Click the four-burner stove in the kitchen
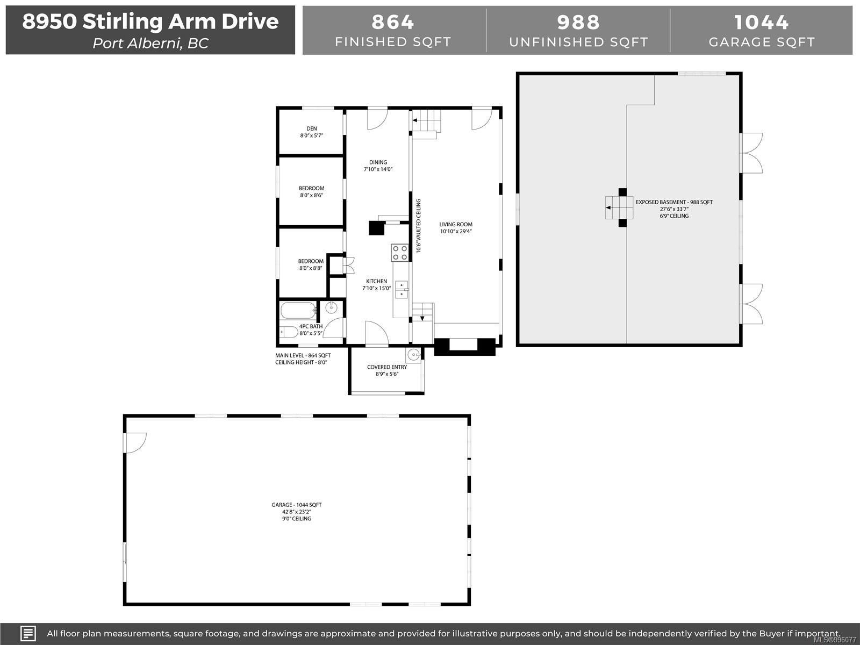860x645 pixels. [x=400, y=253]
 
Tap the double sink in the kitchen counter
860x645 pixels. [x=401, y=289]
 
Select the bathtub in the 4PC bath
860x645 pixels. [x=298, y=311]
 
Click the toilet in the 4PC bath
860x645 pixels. [x=289, y=332]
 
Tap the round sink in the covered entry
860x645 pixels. [x=414, y=355]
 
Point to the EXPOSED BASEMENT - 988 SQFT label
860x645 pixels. [x=674, y=202]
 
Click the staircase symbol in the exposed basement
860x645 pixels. [x=619, y=207]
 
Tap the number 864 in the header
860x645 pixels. [x=393, y=22]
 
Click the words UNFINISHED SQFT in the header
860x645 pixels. [x=579, y=42]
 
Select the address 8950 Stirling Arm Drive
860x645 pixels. [x=150, y=21]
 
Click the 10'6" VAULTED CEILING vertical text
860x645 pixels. [x=418, y=226]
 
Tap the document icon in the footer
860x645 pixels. [x=28, y=633]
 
